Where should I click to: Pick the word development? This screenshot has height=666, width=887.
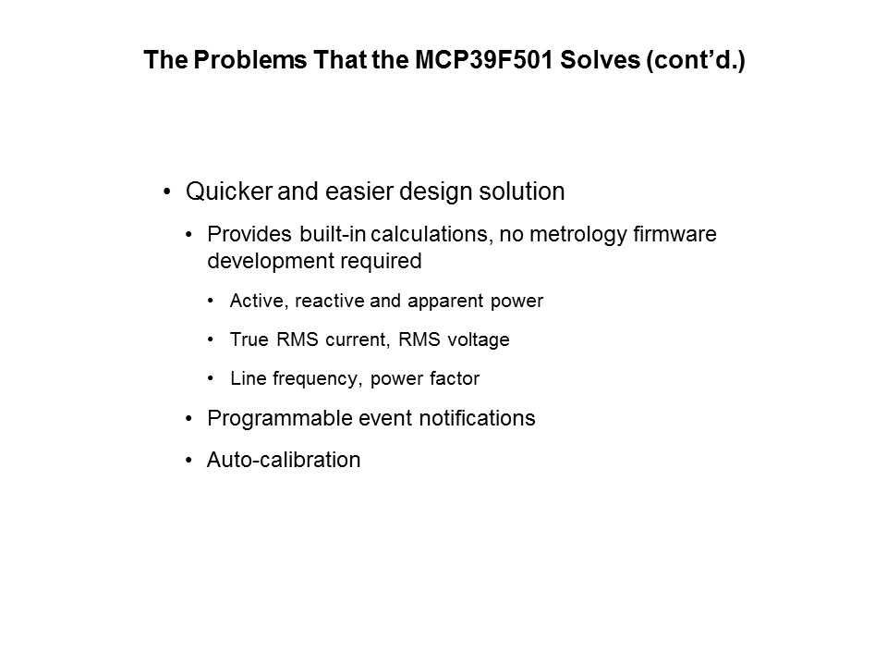(266, 261)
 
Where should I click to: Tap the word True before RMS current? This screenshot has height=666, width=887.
(249, 339)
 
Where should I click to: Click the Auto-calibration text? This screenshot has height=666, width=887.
(284, 459)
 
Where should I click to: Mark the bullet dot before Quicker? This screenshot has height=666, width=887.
(167, 192)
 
